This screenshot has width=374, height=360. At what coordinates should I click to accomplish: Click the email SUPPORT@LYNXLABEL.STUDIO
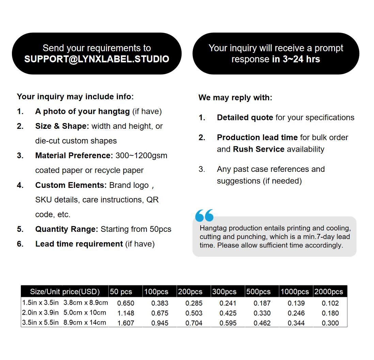pos(97,59)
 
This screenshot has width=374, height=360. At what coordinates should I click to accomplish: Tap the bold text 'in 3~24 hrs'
pos(296,59)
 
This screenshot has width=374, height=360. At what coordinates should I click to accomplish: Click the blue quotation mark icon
pos(204,215)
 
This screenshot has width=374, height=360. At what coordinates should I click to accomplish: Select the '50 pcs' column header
pos(121,292)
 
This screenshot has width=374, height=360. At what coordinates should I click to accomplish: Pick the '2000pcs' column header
pos(329,292)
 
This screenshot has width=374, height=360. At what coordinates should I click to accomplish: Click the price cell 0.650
pos(126,303)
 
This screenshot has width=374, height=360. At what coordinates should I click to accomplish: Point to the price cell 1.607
pos(126,323)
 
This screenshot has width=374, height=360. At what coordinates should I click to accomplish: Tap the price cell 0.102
pos(330,303)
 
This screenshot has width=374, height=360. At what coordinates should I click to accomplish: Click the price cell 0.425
pos(228,313)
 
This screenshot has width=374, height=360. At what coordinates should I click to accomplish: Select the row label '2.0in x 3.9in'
pos(41,313)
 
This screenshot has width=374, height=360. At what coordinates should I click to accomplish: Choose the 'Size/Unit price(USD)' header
pos(65,292)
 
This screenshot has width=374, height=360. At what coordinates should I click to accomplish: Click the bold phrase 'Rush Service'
pos(259,149)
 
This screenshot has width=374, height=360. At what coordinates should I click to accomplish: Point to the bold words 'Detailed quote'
pos(245,118)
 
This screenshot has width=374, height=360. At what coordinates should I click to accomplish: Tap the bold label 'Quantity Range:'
pos(67,229)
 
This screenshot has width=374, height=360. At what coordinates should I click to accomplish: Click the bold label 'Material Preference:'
pos(74,155)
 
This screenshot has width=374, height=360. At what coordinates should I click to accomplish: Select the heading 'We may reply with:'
pos(235,97)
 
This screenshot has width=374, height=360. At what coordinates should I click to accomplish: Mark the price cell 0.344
pos(296,323)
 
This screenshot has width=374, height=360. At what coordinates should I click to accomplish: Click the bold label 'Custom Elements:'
pos(71,185)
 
